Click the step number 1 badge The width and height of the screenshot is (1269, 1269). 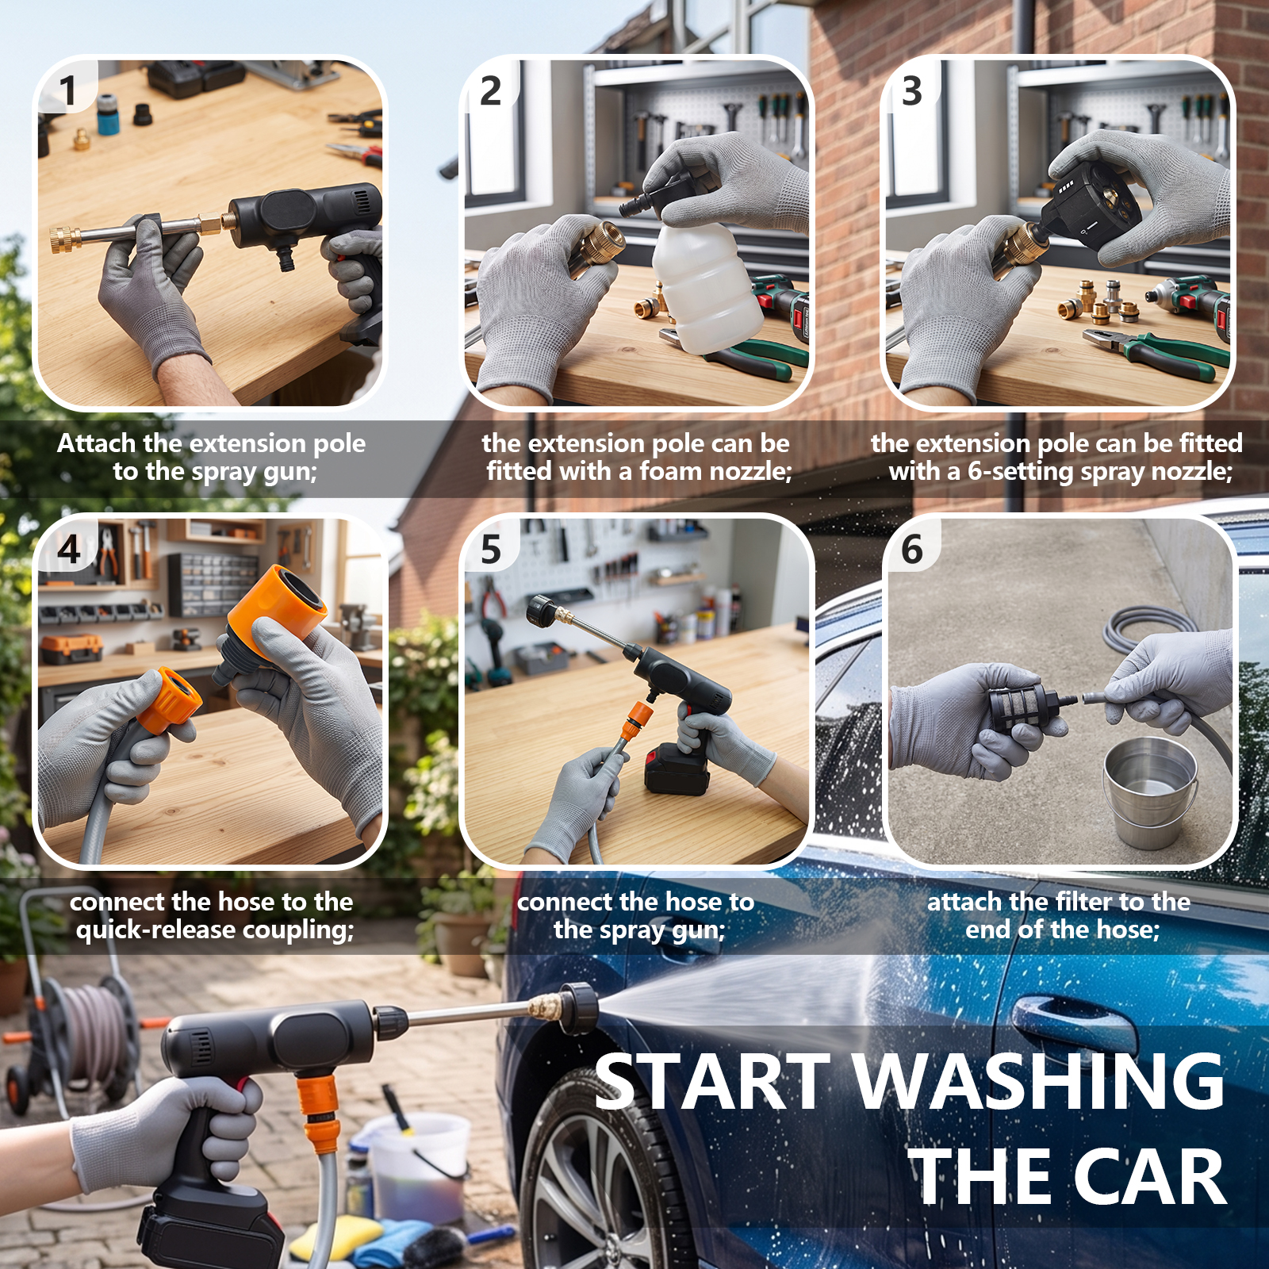[68, 90]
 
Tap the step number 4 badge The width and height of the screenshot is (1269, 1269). [69, 549]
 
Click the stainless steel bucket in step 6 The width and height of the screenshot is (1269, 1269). [1150, 793]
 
